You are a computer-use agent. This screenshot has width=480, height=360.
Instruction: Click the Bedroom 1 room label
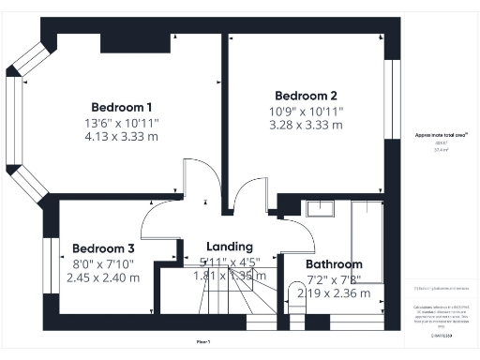(x=122, y=106)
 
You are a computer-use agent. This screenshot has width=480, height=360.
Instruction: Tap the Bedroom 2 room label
(x=306, y=96)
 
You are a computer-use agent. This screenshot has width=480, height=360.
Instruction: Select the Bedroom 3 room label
(x=104, y=248)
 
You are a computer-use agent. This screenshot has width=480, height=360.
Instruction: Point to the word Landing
(x=230, y=247)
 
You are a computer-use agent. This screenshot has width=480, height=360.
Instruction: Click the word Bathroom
(x=335, y=264)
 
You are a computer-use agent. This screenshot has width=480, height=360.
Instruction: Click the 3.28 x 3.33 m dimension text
(x=306, y=124)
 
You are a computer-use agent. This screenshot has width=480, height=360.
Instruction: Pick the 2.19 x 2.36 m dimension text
(x=335, y=293)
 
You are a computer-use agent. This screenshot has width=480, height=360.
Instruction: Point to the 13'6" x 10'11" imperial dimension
(x=122, y=121)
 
